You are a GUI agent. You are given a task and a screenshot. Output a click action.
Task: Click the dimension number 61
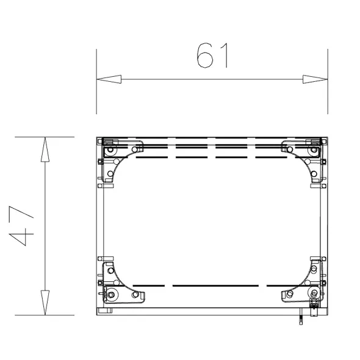click(212, 56)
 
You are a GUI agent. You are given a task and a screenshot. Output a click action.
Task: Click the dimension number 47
click(21, 226)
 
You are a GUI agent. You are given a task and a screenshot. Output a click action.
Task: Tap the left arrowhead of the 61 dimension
click(109, 79)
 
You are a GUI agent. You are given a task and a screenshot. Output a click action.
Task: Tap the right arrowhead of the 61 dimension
click(315, 79)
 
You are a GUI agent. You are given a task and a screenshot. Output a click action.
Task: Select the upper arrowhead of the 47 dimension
click(45, 149)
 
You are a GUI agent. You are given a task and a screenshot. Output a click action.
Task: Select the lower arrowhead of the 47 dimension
click(45, 303)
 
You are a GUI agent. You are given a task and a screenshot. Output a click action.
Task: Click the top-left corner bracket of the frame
click(121, 160)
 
